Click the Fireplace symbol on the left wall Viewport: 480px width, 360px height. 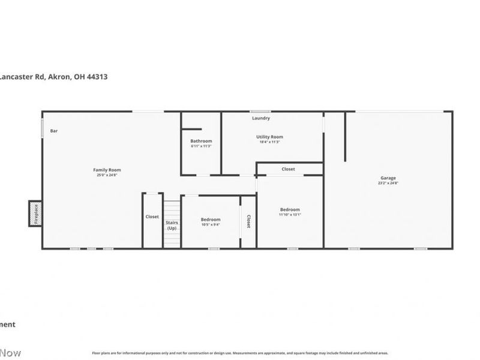(34, 214)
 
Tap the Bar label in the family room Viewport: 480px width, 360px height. (54, 131)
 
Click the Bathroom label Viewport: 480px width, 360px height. (201, 141)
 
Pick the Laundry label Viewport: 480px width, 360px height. (261, 118)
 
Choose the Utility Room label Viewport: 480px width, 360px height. (269, 137)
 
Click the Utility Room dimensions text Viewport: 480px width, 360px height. (269, 142)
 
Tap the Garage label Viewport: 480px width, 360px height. (388, 178)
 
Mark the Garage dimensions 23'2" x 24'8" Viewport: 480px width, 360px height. (388, 183)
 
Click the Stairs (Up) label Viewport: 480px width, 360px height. (172, 226)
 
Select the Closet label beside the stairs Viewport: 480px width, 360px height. (152, 217)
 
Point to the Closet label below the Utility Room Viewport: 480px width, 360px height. (289, 169)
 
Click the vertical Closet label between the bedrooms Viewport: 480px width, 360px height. (248, 221)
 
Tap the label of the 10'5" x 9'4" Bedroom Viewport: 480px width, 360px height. (210, 220)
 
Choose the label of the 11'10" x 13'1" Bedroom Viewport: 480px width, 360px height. (290, 209)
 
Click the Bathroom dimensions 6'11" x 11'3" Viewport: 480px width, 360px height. (201, 146)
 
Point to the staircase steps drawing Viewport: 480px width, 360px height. (172, 210)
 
